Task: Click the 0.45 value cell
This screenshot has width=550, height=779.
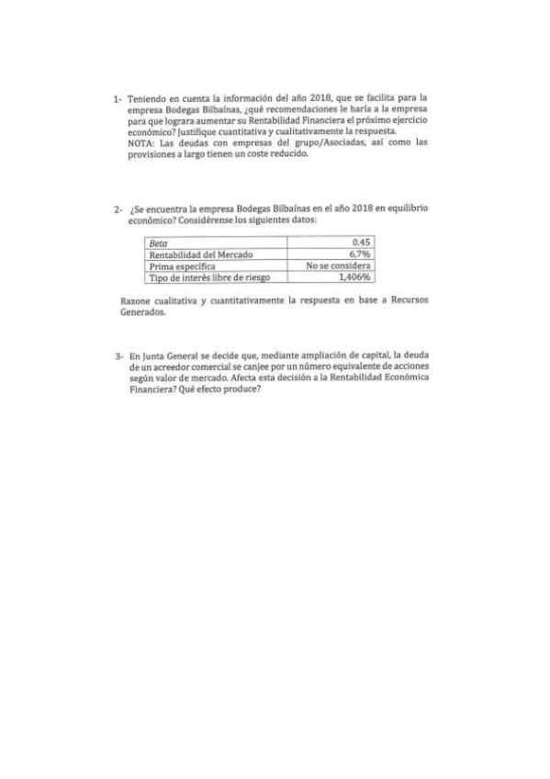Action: (x=365, y=243)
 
